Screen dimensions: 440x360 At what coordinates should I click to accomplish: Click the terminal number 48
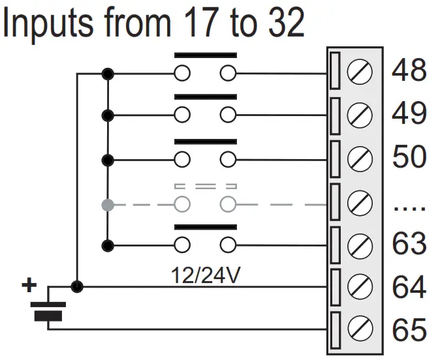(x=409, y=70)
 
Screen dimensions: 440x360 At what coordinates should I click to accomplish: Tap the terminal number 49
(x=409, y=113)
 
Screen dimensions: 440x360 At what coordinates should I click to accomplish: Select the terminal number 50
(x=409, y=157)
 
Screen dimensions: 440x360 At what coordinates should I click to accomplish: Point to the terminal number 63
(x=409, y=243)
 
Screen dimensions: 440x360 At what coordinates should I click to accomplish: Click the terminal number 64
(x=409, y=286)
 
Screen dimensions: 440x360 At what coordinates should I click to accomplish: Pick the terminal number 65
(x=409, y=329)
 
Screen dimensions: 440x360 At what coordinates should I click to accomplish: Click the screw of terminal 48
(x=360, y=72)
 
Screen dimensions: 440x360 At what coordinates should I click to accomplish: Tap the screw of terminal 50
(x=360, y=158)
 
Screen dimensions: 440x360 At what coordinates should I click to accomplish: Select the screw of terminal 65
(x=360, y=329)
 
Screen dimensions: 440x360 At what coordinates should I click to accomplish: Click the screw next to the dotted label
(x=360, y=202)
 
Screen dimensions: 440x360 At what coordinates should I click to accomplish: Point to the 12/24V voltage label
(x=206, y=275)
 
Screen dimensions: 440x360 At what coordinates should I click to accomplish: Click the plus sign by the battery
(x=29, y=285)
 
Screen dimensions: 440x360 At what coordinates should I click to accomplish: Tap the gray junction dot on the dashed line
(x=108, y=205)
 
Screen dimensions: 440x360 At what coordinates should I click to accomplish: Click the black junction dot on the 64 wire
(x=77, y=286)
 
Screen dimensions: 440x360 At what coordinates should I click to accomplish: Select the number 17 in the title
(x=200, y=22)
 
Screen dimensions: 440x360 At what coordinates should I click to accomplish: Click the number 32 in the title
(x=287, y=22)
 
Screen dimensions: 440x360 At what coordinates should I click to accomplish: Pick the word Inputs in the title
(x=48, y=23)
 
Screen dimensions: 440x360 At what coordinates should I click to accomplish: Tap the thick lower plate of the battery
(x=48, y=316)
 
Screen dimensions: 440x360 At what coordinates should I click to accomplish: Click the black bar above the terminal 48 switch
(x=206, y=55)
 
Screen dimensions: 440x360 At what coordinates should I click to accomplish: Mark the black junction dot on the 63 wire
(x=108, y=246)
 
